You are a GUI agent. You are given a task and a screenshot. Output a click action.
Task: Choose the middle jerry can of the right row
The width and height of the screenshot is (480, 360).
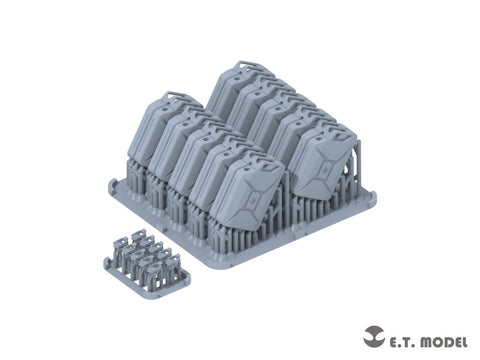pos(275,120)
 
